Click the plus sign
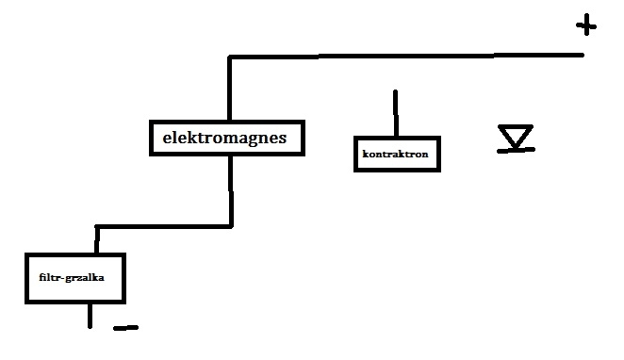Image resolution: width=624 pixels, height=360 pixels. click(586, 25)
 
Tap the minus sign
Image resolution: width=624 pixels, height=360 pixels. click(125, 328)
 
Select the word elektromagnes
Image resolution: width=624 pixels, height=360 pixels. click(224, 138)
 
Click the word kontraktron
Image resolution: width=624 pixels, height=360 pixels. click(395, 154)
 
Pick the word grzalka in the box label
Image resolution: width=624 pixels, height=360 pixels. click(85, 278)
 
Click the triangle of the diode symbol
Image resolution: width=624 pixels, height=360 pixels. click(516, 136)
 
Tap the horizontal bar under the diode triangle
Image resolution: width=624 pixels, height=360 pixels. click(516, 150)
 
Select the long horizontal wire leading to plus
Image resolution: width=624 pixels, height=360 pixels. click(406, 57)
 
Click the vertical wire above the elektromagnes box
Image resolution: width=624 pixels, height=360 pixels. click(230, 89)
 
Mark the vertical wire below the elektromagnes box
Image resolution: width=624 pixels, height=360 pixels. click(231, 191)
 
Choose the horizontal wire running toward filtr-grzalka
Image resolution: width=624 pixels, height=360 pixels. click(164, 227)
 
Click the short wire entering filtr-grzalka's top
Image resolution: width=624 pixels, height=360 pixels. click(97, 239)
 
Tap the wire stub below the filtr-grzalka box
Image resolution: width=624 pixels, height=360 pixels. click(90, 316)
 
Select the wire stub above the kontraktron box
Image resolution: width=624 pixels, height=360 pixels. click(396, 113)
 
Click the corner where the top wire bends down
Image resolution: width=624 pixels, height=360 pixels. click(230, 57)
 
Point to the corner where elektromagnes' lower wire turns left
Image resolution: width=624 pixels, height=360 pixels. click(231, 227)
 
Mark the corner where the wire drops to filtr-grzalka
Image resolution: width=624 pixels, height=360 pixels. click(97, 227)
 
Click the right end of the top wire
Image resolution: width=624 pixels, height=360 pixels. click(583, 55)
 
